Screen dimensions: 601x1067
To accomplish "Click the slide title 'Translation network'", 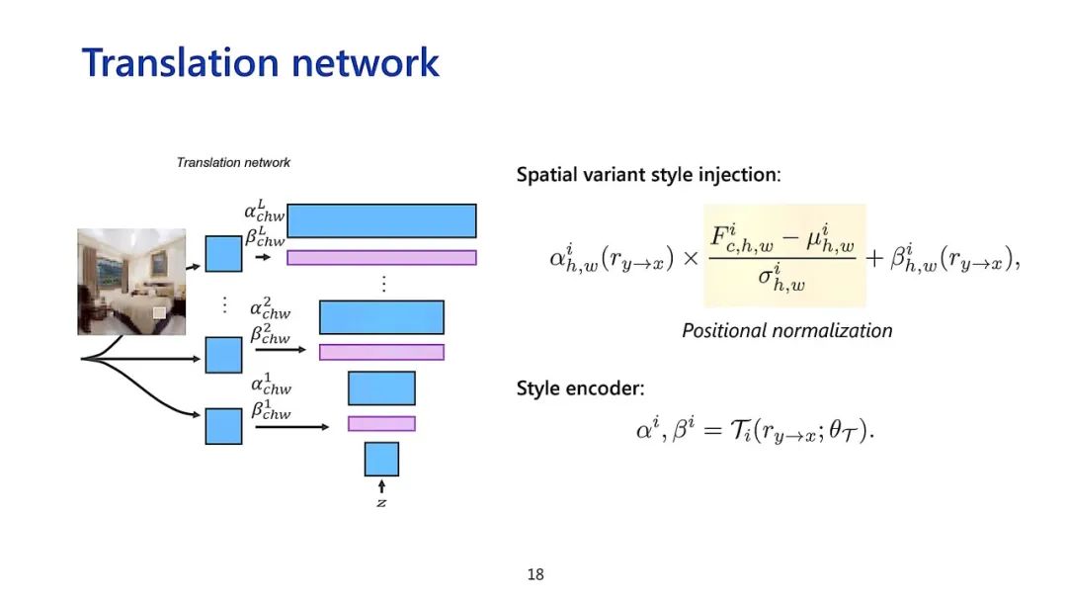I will [260, 62].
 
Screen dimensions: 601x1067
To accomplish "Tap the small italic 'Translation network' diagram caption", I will [233, 162].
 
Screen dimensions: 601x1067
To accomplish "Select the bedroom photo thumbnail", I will [131, 282].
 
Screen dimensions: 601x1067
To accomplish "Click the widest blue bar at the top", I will [381, 220].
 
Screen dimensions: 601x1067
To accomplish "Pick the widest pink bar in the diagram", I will [381, 258].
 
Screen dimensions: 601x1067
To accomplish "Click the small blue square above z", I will [381, 459].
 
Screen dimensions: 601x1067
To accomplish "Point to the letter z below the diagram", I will [381, 502].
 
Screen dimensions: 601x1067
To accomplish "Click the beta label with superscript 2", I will [270, 334].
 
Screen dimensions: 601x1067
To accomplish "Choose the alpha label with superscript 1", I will [270, 385].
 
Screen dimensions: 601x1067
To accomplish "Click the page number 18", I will [535, 574].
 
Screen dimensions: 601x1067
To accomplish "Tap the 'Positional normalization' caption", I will [786, 331].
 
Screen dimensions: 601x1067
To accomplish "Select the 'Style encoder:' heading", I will [580, 388].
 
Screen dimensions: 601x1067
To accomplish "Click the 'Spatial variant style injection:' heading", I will [648, 175].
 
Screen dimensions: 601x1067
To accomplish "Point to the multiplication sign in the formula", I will [691, 259].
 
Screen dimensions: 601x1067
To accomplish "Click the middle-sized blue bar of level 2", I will [381, 317].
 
